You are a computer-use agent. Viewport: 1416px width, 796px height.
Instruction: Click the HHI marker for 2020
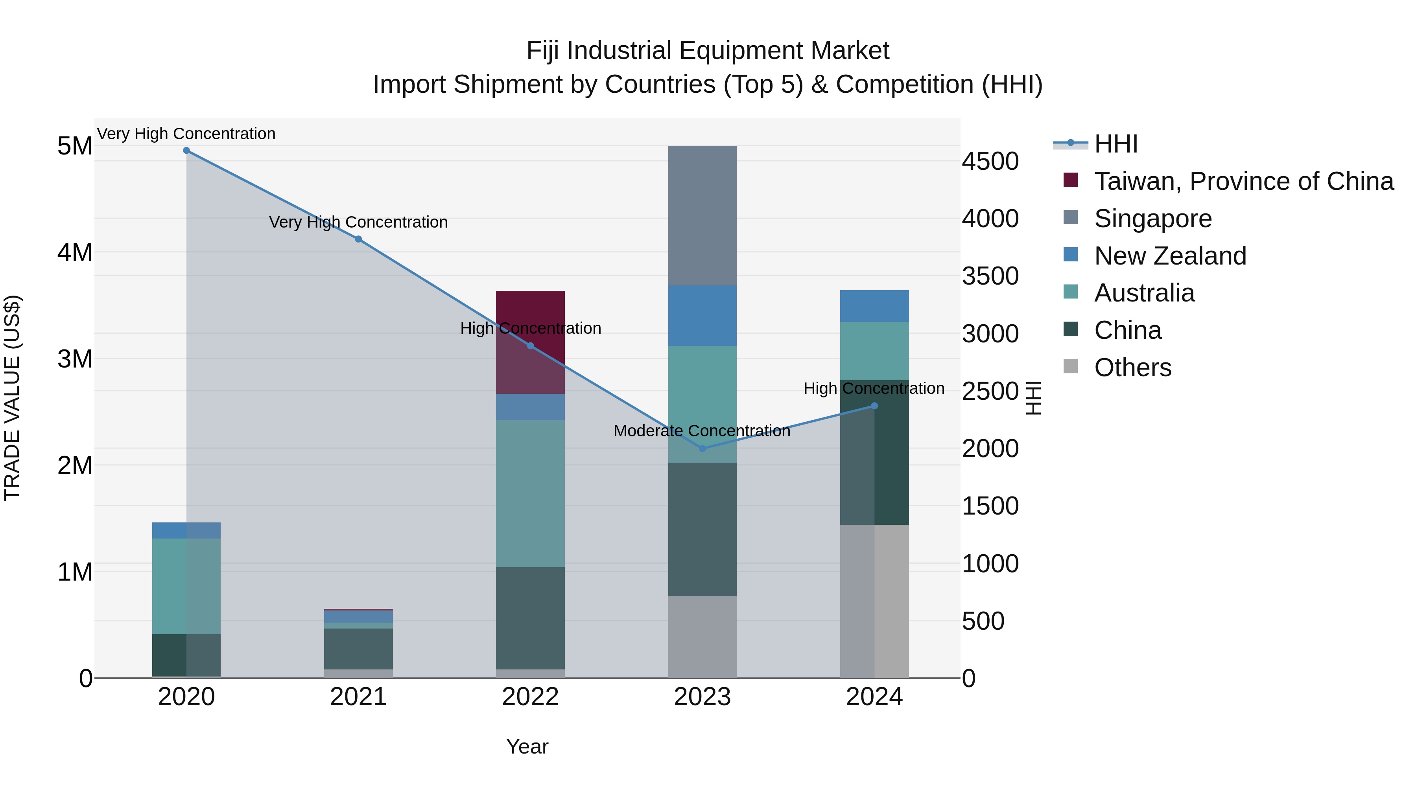click(186, 151)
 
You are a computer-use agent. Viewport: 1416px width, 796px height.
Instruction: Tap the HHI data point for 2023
click(702, 448)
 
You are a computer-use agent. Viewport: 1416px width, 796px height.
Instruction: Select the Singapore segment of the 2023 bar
click(702, 215)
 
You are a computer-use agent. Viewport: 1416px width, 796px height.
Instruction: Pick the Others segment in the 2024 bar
click(874, 601)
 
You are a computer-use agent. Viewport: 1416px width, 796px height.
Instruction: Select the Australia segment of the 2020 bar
click(186, 586)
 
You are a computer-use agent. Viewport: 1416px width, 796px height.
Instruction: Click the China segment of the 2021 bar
click(358, 648)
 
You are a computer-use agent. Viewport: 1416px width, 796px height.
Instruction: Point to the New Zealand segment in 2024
click(874, 306)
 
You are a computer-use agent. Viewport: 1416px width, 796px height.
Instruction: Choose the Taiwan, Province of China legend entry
click(1243, 181)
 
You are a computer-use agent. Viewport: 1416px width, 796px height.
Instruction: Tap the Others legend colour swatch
click(1070, 366)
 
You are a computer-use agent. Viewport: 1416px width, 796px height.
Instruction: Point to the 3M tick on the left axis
click(75, 359)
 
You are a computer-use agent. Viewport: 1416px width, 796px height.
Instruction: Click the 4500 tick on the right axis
click(990, 162)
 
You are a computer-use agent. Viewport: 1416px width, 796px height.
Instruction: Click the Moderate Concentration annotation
click(702, 431)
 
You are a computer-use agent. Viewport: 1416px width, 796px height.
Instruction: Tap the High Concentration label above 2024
click(874, 388)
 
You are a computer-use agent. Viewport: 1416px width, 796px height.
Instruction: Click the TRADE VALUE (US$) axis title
click(12, 398)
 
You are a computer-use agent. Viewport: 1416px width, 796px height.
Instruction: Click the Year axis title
click(527, 746)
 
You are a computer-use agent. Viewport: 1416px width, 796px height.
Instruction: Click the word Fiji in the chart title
click(544, 51)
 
